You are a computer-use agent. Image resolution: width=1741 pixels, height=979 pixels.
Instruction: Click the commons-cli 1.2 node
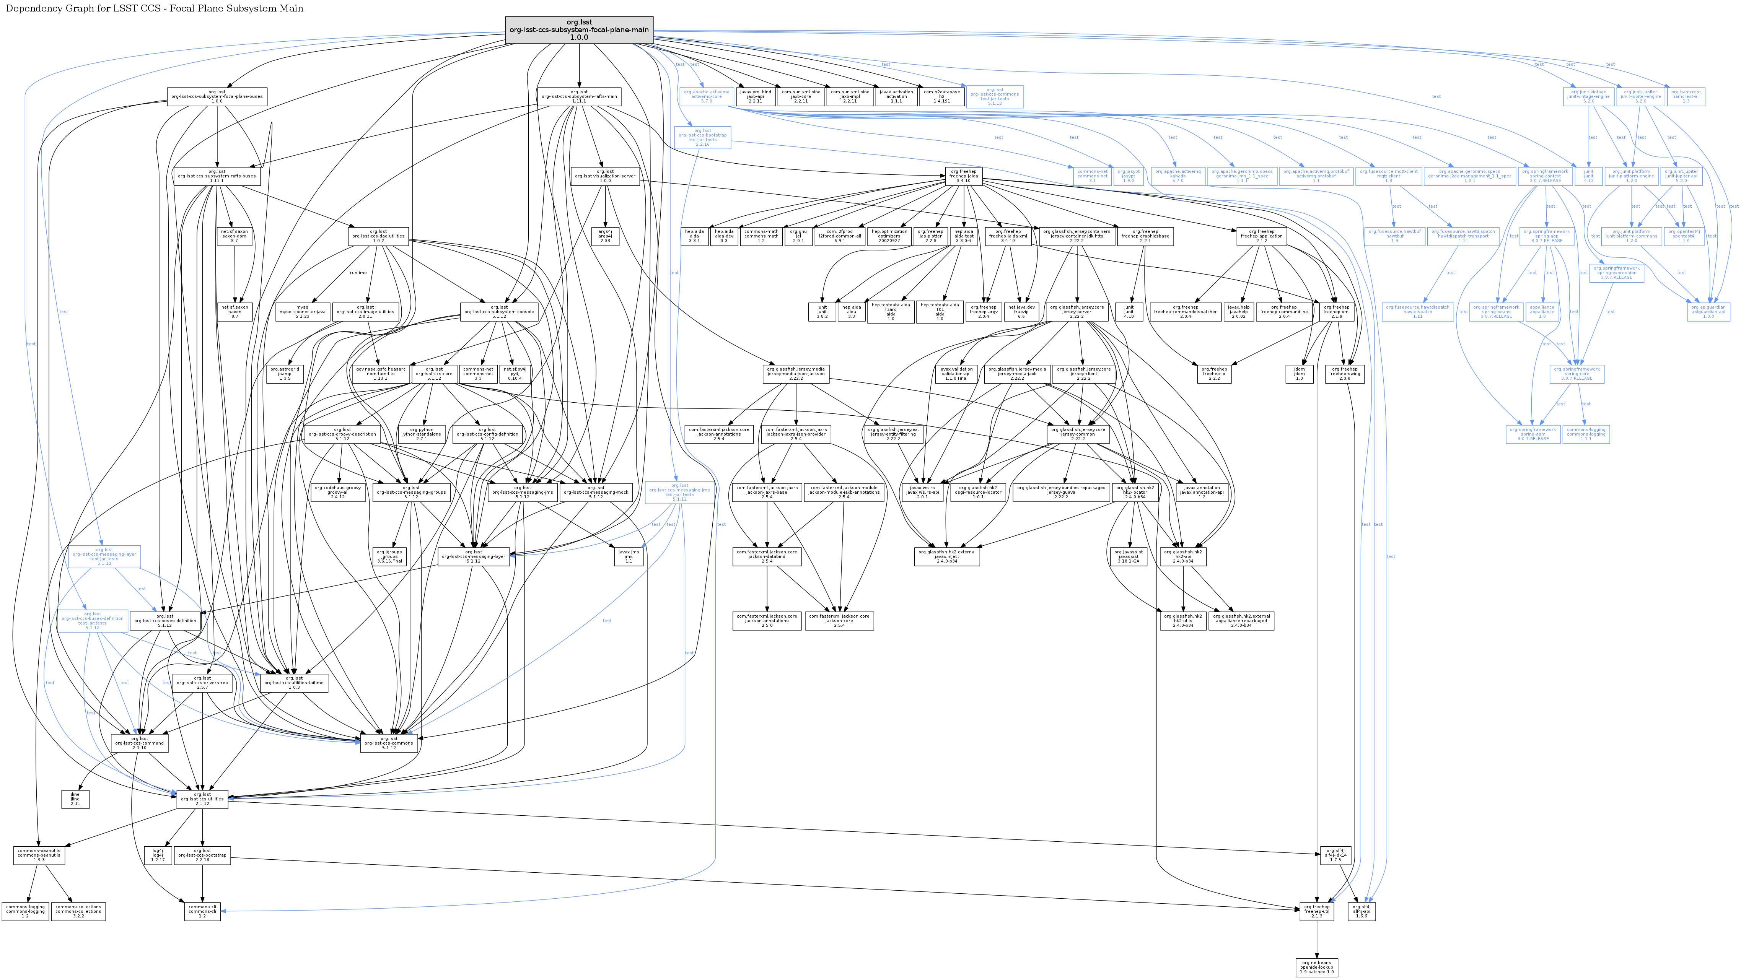pyautogui.click(x=202, y=911)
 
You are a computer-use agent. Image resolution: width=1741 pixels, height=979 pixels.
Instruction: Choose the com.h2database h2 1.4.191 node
pyautogui.click(x=941, y=97)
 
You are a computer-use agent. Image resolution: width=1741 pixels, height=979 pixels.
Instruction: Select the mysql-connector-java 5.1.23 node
pyautogui.click(x=303, y=311)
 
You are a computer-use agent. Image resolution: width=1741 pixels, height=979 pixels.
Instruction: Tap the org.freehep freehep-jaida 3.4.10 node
pyautogui.click(x=963, y=176)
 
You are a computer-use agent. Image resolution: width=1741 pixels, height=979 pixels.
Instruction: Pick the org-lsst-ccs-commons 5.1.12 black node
pyautogui.click(x=389, y=743)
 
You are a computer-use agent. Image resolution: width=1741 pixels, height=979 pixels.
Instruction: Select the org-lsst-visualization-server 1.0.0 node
pyautogui.click(x=605, y=176)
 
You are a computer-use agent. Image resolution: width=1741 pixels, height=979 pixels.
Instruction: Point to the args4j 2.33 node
pyautogui.click(x=605, y=236)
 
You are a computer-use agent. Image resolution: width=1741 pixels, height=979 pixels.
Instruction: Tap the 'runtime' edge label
pyautogui.click(x=358, y=273)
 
